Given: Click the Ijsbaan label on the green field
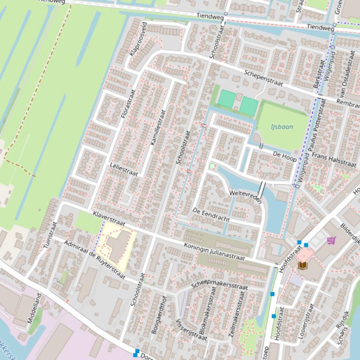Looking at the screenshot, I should (x=282, y=126).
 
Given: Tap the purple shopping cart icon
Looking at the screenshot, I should (x=331, y=240).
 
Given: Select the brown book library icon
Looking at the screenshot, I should (x=303, y=265).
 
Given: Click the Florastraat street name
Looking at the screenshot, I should (x=128, y=103).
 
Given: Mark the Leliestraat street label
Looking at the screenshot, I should (x=124, y=169).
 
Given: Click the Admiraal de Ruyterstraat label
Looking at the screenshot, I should (x=95, y=260).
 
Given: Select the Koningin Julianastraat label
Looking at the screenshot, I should (x=214, y=252).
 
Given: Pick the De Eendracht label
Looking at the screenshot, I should (x=211, y=215).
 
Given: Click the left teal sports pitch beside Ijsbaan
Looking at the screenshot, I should (x=228, y=99).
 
